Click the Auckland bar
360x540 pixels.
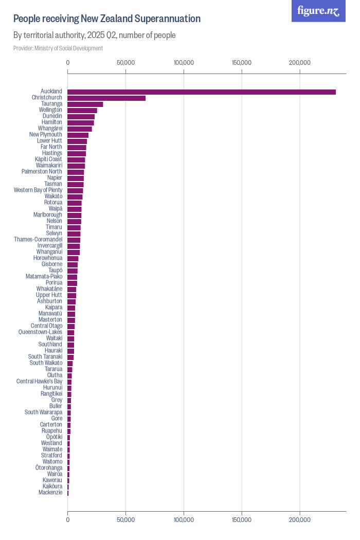201,92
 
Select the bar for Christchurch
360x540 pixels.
106,98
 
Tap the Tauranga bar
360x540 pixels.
85,104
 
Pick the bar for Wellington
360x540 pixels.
82,111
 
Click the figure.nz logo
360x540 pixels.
319,11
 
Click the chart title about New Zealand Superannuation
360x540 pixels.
107,19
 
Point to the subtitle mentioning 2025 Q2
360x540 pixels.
95,35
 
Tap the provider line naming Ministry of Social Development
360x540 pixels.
58,48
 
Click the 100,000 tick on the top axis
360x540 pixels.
184,63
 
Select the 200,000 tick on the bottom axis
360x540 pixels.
299,520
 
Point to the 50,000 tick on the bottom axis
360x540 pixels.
125,520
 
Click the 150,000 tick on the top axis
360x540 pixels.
242,63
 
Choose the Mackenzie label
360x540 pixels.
50,493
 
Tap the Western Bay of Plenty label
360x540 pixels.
38,190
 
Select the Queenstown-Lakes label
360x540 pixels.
41,332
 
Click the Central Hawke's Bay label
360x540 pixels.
40,382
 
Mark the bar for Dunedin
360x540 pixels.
81,117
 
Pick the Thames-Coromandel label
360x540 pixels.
38,240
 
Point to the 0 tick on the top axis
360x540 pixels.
68,63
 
